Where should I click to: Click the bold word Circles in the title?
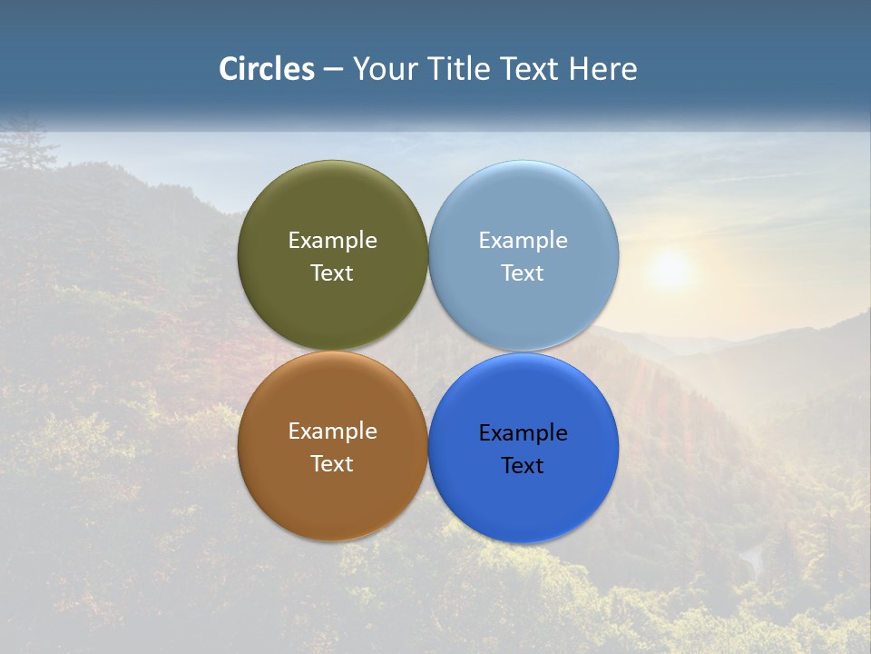pos(267,69)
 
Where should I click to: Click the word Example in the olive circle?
pos(332,241)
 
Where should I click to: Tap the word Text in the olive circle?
pos(332,272)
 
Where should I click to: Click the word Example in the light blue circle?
pos(524,241)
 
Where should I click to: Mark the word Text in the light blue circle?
pos(524,272)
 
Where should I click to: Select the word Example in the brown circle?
pos(332,431)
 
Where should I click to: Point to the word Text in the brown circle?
pos(332,463)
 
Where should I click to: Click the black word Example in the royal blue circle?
pos(524,433)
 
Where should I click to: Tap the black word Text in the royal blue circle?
pos(524,465)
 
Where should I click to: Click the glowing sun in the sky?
pos(670,269)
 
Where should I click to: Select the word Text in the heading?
pos(531,69)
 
